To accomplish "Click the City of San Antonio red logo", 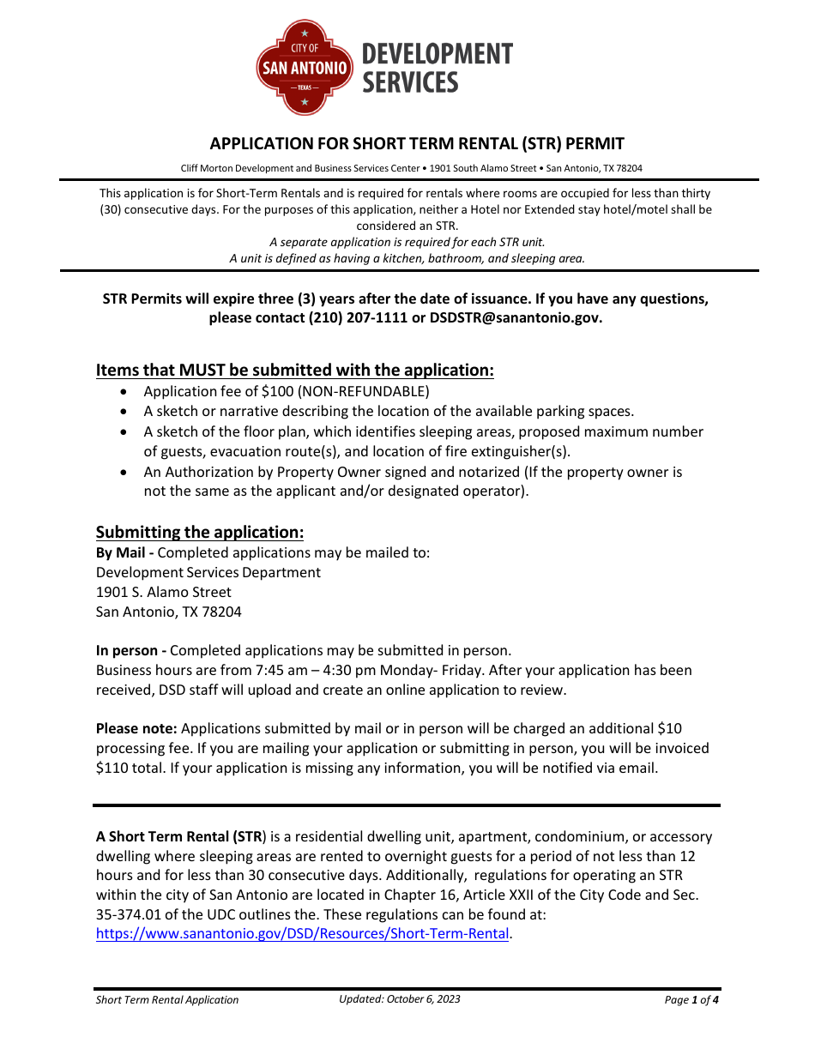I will (x=305, y=68).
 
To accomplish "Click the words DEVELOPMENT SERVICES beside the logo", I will (x=437, y=68).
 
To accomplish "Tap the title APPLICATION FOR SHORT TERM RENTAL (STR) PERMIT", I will (x=417, y=143).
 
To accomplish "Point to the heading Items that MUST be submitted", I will (x=294, y=370).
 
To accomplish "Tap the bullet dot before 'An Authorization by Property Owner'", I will (x=126, y=473).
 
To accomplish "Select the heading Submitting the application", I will (x=200, y=532).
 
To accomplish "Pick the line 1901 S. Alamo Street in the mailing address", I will (x=164, y=592).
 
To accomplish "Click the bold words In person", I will (x=130, y=650).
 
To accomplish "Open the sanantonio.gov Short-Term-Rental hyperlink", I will (x=303, y=933).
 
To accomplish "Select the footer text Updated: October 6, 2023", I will (x=399, y=998).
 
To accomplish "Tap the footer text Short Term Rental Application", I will (x=167, y=999).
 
